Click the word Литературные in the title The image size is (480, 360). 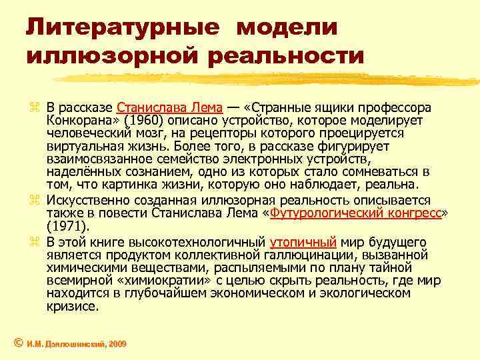(122, 28)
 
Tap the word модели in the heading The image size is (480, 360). (288, 28)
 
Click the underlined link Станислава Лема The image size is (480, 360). (171, 108)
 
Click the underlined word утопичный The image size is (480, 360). (303, 241)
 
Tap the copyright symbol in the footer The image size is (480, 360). (18, 343)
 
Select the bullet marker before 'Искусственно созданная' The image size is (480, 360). (35, 201)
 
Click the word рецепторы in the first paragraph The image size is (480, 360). (243, 134)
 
